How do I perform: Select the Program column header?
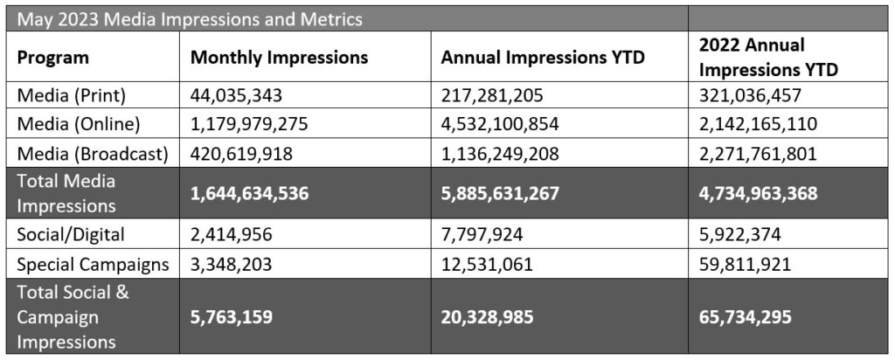(52, 59)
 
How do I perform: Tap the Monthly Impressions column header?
(279, 59)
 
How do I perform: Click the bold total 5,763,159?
(235, 316)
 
